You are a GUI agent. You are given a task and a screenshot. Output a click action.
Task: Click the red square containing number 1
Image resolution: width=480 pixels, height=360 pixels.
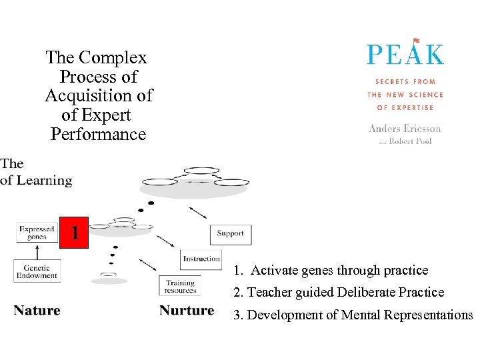pyautogui.click(x=74, y=232)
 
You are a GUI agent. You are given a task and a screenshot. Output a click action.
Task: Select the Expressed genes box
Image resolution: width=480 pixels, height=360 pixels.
pyautogui.click(x=37, y=232)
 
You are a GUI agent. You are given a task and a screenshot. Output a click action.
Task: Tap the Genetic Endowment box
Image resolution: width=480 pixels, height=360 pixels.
pyautogui.click(x=37, y=271)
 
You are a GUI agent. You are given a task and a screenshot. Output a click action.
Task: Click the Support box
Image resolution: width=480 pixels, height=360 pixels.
pyautogui.click(x=231, y=234)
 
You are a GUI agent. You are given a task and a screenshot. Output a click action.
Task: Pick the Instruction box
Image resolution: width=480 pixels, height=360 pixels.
pyautogui.click(x=201, y=259)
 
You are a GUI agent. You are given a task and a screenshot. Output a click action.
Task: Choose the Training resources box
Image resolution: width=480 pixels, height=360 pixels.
pyautogui.click(x=180, y=286)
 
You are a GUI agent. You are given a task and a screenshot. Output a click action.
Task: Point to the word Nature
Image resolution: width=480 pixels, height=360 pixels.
pyautogui.click(x=37, y=310)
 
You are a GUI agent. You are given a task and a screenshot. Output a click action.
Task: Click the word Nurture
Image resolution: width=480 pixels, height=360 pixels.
pyautogui.click(x=187, y=310)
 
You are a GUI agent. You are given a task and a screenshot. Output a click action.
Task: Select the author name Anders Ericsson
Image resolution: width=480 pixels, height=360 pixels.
pyautogui.click(x=405, y=129)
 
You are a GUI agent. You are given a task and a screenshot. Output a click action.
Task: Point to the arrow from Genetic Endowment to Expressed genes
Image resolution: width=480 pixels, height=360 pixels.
pyautogui.click(x=37, y=251)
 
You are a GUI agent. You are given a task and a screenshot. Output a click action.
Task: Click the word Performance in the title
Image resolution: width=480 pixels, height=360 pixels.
pyautogui.click(x=98, y=134)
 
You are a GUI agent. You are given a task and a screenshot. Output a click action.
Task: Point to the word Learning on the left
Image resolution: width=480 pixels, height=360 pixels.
pyautogui.click(x=45, y=180)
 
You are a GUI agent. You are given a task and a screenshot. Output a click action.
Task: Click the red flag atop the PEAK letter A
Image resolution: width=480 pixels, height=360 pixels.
pyautogui.click(x=416, y=41)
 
